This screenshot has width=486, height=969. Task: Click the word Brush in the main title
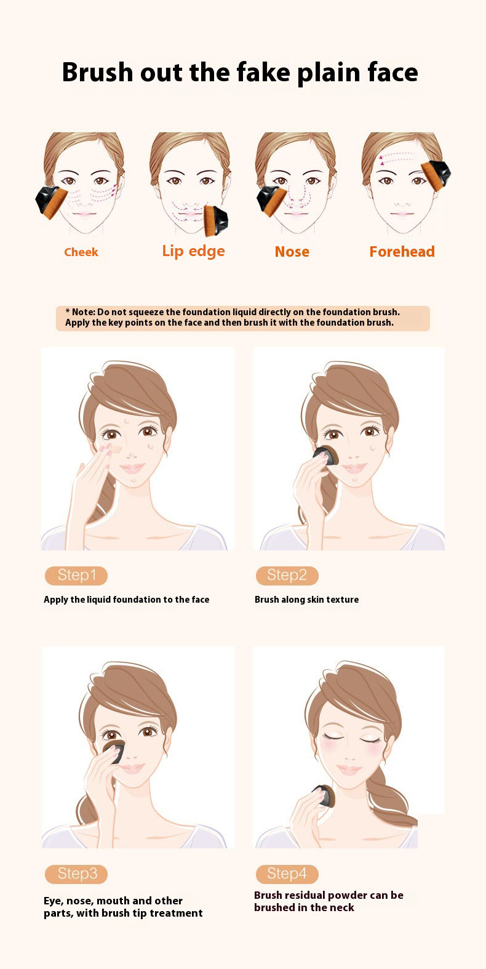[97, 72]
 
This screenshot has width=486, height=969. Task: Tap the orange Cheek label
[81, 252]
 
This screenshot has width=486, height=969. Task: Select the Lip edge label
[193, 251]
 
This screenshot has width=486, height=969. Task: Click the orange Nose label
[292, 252]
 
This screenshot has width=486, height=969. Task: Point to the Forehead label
[402, 251]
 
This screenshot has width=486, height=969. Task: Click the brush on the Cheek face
[52, 201]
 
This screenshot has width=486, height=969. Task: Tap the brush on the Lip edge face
[215, 220]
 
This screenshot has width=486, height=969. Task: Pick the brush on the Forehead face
[436, 174]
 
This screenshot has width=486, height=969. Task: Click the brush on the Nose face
[271, 200]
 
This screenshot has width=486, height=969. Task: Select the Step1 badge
[76, 576]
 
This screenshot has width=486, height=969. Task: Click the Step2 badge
[287, 576]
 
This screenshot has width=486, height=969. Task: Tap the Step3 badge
[76, 874]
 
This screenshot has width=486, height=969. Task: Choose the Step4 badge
[287, 874]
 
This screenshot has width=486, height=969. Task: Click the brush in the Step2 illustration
[326, 456]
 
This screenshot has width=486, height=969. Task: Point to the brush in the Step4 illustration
[325, 796]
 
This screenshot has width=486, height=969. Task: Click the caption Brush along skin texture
[306, 600]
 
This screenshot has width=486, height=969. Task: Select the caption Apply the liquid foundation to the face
[126, 600]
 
